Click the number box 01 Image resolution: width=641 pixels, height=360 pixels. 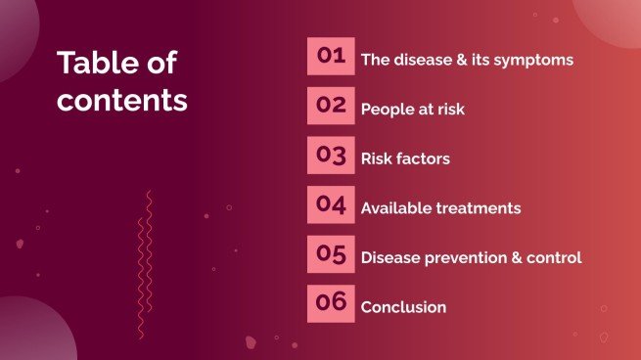tap(331, 56)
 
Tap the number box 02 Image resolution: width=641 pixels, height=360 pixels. tap(331, 105)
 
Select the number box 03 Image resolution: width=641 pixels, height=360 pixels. tap(331, 155)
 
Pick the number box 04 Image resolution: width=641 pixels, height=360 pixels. tap(331, 204)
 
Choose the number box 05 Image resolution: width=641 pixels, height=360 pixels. tap(331, 254)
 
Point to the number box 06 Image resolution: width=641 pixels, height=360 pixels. tap(331, 303)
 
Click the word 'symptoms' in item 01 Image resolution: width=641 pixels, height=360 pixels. tap(536, 60)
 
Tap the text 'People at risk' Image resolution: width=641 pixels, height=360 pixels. tap(412, 110)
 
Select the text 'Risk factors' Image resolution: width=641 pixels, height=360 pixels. tap(405, 158)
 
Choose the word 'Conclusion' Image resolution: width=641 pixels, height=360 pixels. tap(403, 307)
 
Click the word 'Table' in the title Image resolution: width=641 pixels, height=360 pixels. tap(94, 64)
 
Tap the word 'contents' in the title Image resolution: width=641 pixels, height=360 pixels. tap(121, 99)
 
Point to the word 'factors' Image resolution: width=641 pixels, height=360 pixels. tap(423, 158)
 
